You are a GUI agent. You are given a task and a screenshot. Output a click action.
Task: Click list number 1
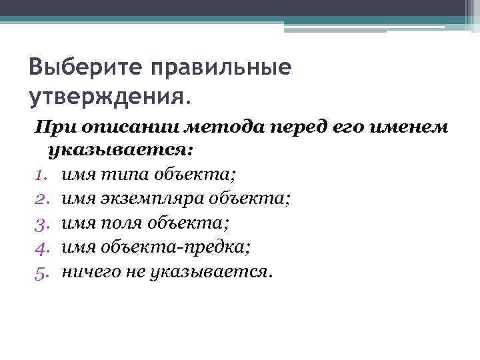point(41,175)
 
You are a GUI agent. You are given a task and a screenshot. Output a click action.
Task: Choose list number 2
point(41,199)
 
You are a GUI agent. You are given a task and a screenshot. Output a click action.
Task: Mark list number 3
point(41,223)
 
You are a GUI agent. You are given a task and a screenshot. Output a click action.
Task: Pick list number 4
point(41,247)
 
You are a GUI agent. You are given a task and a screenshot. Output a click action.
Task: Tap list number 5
point(41,272)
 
